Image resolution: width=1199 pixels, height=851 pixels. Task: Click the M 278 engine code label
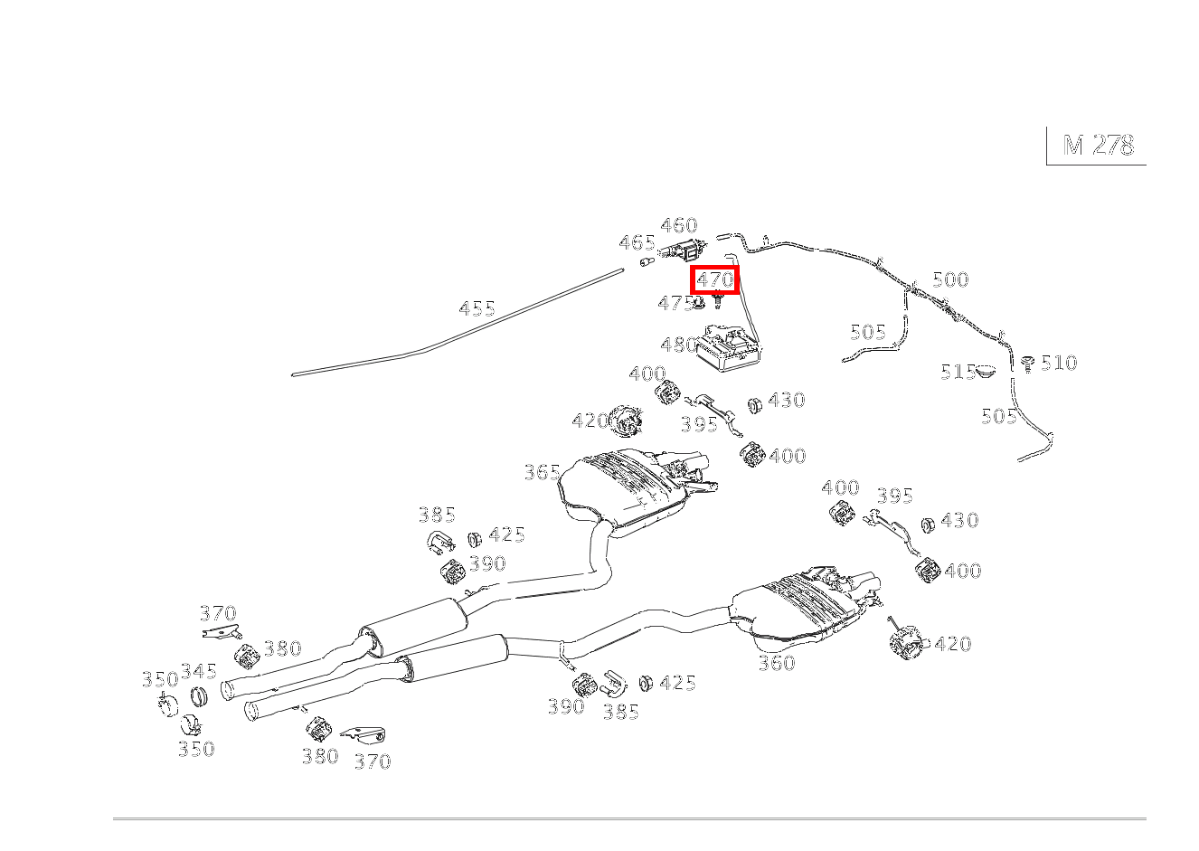1098,145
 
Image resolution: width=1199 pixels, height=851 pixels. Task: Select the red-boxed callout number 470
714,279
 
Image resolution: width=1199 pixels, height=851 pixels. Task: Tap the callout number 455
477,308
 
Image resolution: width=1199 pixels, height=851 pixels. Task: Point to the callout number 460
679,225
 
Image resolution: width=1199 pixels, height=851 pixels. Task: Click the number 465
637,243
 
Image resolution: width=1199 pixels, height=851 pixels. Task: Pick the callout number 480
679,345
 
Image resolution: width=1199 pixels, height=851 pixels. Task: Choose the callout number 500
950,279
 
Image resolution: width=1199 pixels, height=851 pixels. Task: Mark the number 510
1059,363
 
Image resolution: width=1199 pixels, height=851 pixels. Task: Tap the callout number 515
958,372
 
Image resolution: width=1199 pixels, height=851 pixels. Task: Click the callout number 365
543,472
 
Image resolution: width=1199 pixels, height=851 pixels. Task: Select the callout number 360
777,663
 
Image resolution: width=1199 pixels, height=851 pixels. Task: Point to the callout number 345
199,671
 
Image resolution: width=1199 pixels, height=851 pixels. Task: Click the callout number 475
675,304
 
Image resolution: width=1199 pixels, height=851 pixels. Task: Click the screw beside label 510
1027,364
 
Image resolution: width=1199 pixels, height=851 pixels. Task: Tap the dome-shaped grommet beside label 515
985,370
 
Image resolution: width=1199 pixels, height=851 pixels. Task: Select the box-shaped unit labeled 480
728,348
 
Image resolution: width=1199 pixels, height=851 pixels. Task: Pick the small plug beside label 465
647,262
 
